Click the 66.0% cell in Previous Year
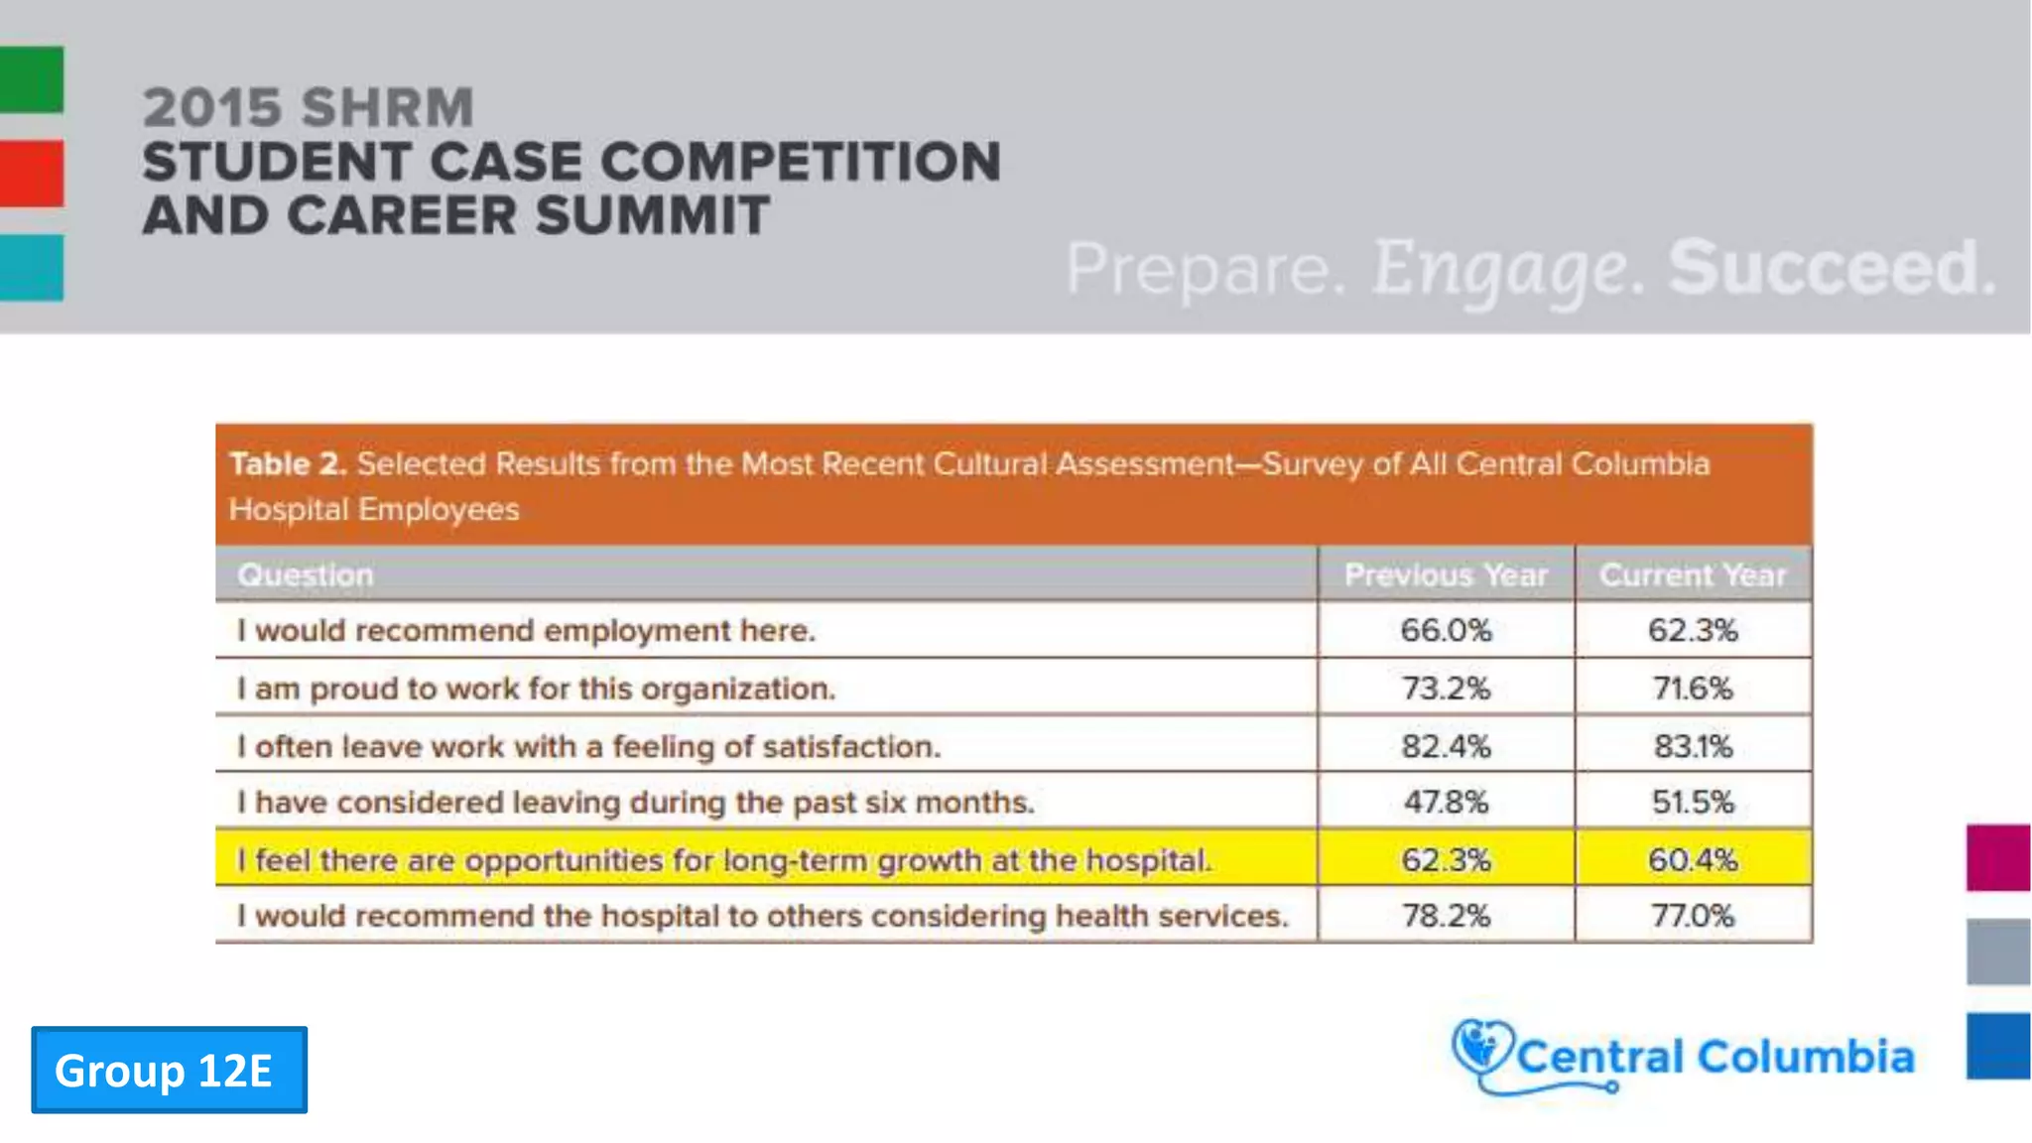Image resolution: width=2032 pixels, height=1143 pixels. click(1446, 630)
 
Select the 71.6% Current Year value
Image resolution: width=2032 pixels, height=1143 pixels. click(1693, 688)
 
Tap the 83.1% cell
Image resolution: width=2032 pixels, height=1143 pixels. click(1693, 745)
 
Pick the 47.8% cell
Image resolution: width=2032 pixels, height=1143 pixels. click(1446, 802)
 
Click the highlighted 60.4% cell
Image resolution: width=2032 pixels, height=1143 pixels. click(1693, 859)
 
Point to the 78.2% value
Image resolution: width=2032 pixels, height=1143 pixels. click(1446, 915)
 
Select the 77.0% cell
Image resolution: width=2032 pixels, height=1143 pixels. click(1693, 915)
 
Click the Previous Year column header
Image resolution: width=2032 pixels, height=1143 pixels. click(1446, 574)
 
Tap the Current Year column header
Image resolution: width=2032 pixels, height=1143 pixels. click(1693, 574)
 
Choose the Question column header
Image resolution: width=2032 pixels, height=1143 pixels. click(306, 574)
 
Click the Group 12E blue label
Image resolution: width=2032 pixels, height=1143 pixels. click(169, 1070)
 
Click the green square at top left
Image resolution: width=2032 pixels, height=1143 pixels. click(32, 79)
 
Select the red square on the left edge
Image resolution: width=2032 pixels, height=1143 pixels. click(32, 174)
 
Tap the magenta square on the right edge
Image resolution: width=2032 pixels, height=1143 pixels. click(1998, 857)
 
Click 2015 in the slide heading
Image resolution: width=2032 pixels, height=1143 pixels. click(211, 107)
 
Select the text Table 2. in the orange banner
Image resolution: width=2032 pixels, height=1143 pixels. click(288, 463)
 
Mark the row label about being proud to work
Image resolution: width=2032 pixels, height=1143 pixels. click(536, 688)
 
